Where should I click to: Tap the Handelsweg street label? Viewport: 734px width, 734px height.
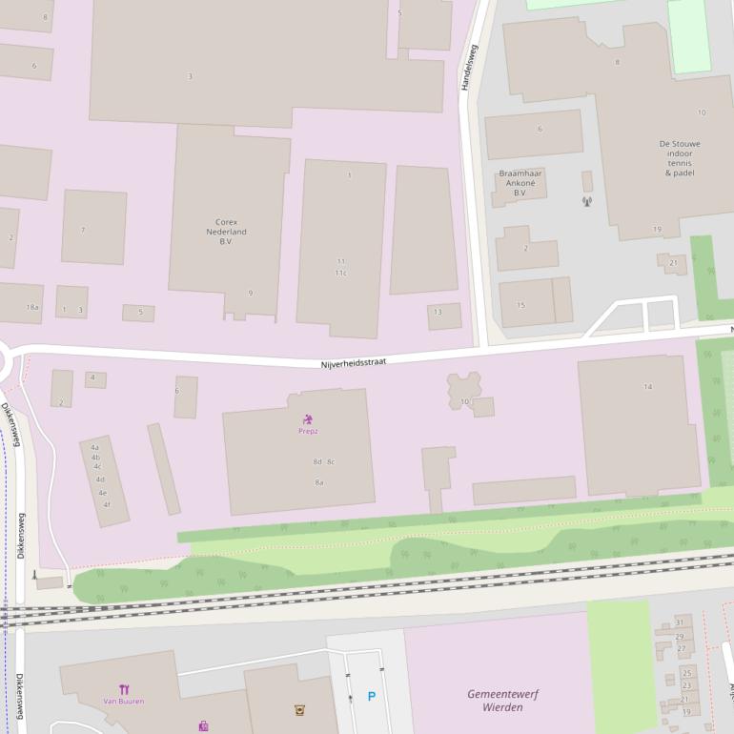pos(467,67)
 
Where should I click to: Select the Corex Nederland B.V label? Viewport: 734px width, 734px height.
pos(226,232)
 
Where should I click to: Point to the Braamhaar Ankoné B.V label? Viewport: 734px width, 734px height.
pos(520,183)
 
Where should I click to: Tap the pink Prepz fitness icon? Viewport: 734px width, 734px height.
pos(308,419)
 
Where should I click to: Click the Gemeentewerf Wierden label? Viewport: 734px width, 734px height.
pos(495,701)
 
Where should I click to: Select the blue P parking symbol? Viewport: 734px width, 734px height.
pos(371,697)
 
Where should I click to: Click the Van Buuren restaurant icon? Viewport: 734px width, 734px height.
pos(124,689)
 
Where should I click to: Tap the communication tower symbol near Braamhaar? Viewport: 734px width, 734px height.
pos(586,201)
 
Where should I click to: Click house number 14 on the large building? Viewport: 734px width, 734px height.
pos(648,386)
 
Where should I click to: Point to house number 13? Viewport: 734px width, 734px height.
pos(438,313)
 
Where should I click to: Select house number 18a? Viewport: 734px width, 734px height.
pos(32,307)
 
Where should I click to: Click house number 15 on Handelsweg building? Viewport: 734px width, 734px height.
pos(520,305)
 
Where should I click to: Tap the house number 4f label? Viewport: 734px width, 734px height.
pos(107,504)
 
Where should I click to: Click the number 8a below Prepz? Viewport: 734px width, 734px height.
pos(319,482)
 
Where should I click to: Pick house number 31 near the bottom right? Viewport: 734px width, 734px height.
pos(680,622)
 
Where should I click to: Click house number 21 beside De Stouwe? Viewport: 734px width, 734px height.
pos(673,262)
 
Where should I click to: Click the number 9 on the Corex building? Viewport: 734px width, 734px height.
pos(251,293)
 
